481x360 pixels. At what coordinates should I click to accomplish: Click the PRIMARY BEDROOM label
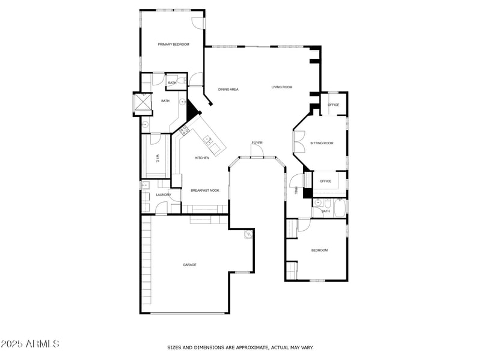point(174,44)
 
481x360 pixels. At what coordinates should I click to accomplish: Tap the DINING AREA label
point(228,90)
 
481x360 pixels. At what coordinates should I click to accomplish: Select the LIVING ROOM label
point(281,87)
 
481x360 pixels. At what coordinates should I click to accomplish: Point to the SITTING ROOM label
point(322,143)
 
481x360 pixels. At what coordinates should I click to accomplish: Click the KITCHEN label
point(202,158)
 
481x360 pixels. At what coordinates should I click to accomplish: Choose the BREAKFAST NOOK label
point(205,191)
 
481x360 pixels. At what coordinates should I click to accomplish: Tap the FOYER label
point(257,143)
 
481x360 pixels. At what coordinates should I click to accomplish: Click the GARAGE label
point(189,265)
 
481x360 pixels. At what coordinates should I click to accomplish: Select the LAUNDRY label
point(164,195)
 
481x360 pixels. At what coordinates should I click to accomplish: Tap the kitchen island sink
point(208,141)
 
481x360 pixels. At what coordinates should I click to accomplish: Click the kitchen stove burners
point(184,130)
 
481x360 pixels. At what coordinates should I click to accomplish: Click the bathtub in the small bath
point(340,207)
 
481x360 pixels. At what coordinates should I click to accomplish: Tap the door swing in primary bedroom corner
point(198,22)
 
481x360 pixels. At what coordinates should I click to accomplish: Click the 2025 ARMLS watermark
point(30,344)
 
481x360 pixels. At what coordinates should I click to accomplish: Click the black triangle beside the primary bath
point(193,111)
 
